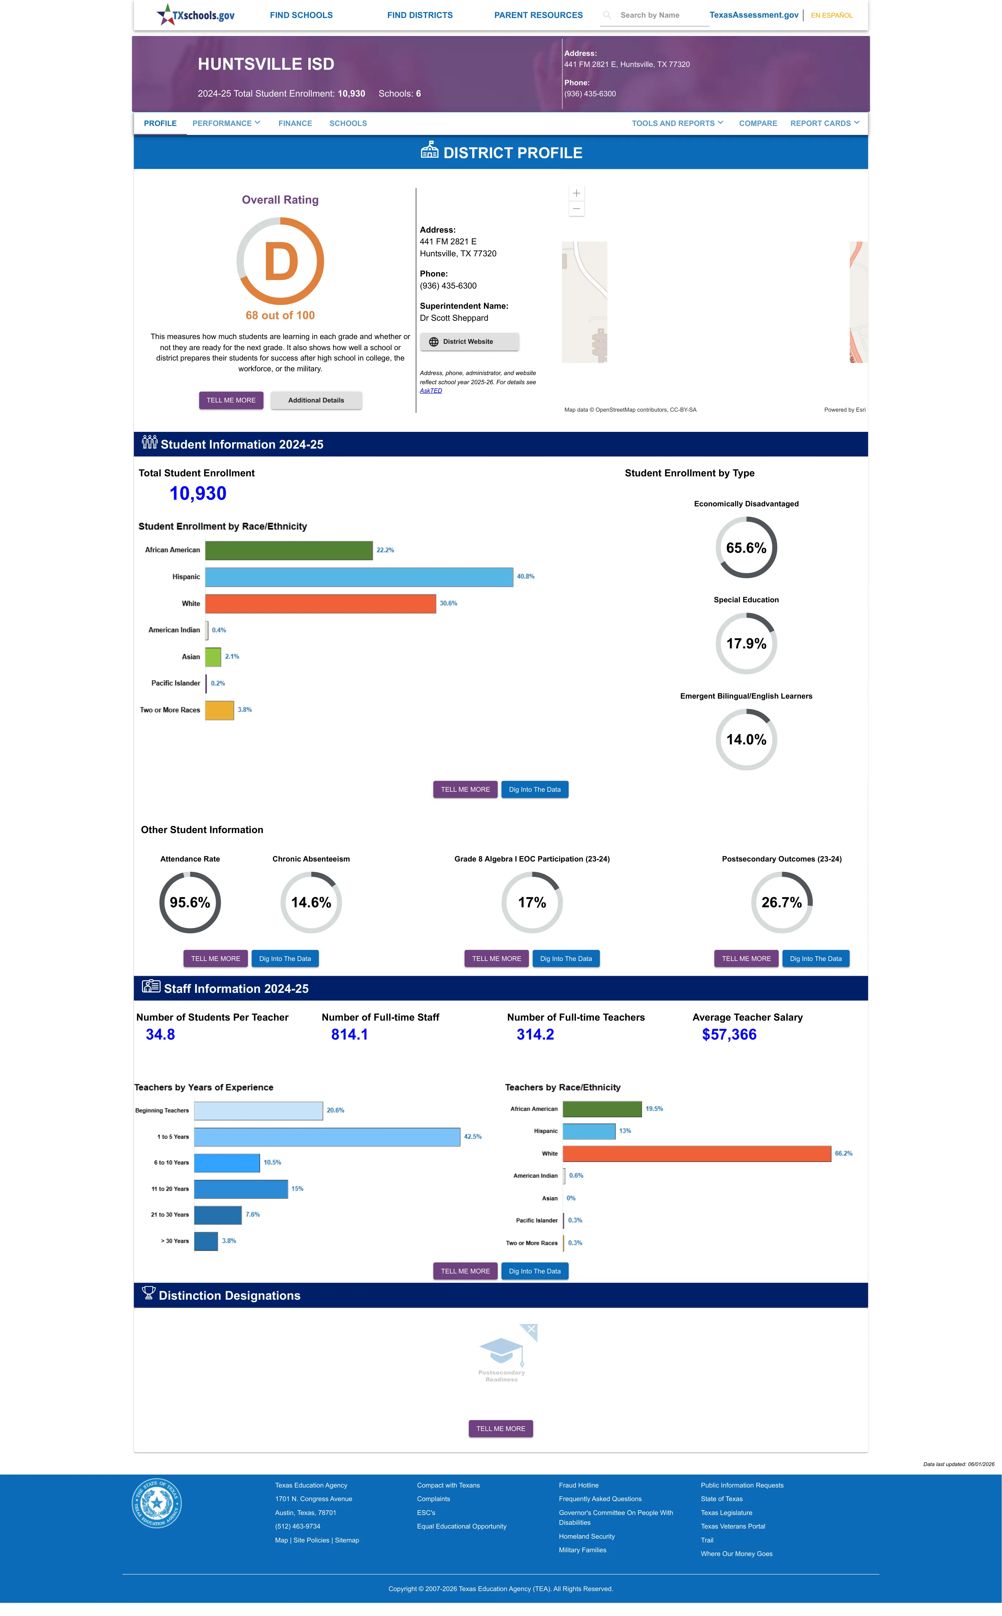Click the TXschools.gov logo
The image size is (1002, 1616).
[196, 15]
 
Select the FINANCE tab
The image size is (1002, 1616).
[295, 123]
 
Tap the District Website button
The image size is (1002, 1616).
[469, 342]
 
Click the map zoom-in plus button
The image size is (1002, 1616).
[577, 193]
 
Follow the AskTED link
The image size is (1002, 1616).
[431, 391]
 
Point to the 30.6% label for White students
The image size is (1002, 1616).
[449, 603]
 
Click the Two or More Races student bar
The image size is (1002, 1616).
[219, 710]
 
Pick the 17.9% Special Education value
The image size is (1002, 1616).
[746, 644]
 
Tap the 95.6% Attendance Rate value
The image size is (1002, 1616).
[190, 903]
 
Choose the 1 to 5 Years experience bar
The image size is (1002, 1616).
[327, 1136]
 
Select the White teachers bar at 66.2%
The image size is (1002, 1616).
[697, 1154]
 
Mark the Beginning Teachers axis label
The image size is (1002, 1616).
[162, 1111]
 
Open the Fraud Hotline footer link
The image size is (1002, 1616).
[578, 1485]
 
